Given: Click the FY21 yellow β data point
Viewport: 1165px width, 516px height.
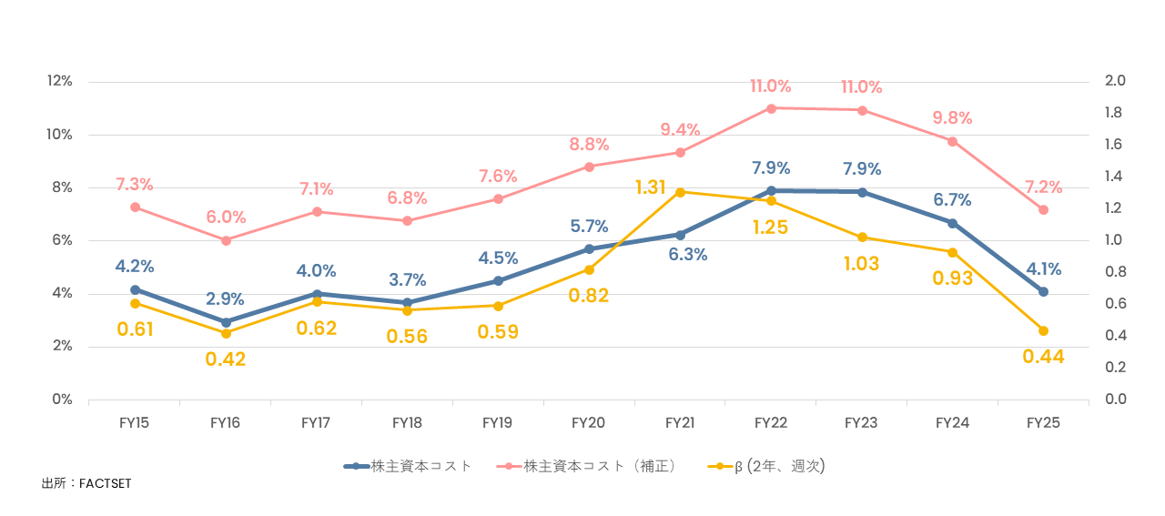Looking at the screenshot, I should (x=680, y=192).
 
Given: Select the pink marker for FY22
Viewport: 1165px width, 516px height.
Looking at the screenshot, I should (x=771, y=108).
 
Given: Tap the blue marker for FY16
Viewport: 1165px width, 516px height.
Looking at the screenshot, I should (x=226, y=322).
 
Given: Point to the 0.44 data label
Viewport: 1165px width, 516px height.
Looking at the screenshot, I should (x=1043, y=357).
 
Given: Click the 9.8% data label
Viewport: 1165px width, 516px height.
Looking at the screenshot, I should (x=952, y=118).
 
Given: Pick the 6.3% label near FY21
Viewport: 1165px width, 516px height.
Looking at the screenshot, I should (x=687, y=255).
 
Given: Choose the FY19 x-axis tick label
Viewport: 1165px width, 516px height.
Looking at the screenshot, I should (x=498, y=423).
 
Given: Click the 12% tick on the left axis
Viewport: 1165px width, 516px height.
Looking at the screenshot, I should (x=59, y=81).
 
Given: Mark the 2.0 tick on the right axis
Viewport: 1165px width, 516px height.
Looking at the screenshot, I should (x=1114, y=81).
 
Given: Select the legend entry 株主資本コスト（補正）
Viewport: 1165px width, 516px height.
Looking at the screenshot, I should (x=598, y=466).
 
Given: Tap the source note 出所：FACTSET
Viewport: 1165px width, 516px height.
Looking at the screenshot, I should (x=86, y=483).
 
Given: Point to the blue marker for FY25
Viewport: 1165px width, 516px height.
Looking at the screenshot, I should (x=1043, y=292).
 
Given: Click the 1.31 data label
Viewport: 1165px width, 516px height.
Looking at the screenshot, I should (x=652, y=187).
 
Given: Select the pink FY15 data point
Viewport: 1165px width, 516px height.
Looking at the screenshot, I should (x=135, y=207).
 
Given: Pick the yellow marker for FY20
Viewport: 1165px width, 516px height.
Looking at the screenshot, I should (x=589, y=269).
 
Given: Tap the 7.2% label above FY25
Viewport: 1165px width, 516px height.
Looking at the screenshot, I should (x=1043, y=187).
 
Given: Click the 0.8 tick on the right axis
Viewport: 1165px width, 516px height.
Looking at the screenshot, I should (x=1114, y=272).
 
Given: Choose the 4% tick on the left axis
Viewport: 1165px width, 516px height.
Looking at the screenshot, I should (x=62, y=293).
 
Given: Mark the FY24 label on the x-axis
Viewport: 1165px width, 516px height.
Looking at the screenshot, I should (x=952, y=423).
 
